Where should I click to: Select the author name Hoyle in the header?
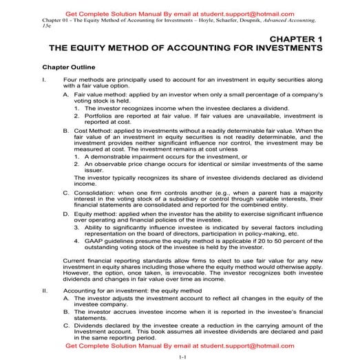coord(211,20)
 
